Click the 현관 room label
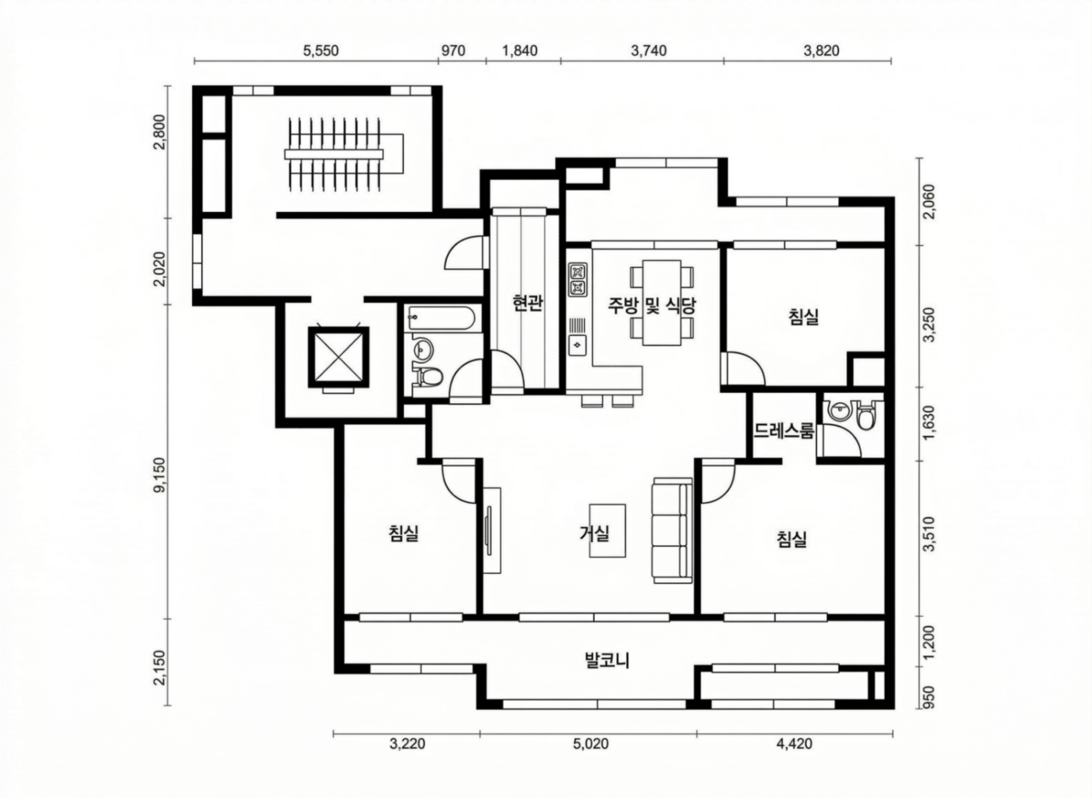tap(527, 303)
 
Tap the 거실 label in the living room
tap(594, 533)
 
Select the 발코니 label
tap(607, 660)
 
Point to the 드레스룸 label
tap(784, 432)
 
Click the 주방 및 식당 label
tap(652, 305)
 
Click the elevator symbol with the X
tap(338, 356)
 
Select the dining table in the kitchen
tap(662, 303)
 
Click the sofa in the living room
tap(672, 531)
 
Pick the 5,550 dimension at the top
tap(321, 51)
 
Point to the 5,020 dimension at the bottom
tap(590, 744)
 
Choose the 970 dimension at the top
tap(453, 51)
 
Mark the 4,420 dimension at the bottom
tap(794, 744)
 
